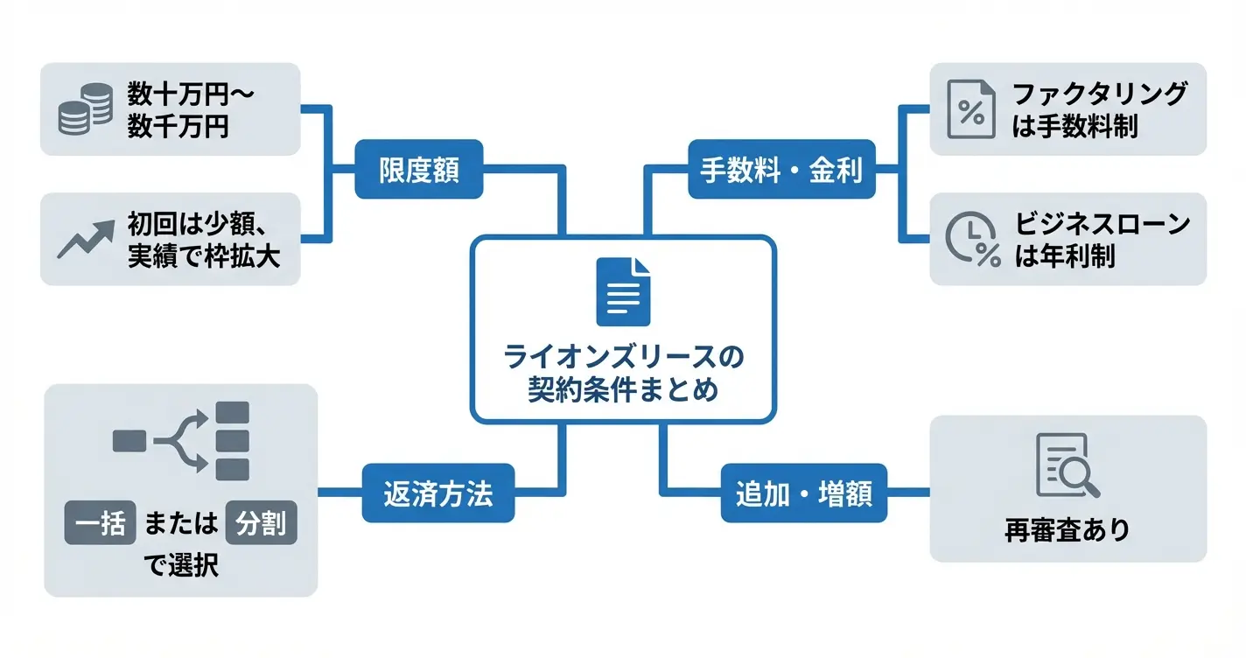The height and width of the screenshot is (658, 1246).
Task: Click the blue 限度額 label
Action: (418, 169)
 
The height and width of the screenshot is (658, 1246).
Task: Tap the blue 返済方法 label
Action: (438, 494)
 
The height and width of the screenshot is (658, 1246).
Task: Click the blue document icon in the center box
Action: (623, 291)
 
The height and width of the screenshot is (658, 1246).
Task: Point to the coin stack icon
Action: (84, 108)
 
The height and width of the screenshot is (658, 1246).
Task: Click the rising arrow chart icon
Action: (85, 238)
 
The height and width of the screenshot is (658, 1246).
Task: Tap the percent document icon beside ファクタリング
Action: (970, 108)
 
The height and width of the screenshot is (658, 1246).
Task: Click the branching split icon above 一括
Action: (182, 440)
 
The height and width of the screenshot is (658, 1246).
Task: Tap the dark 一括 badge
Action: (100, 527)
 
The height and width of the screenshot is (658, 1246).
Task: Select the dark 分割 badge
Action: (261, 527)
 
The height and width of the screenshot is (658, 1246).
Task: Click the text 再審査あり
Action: (1067, 529)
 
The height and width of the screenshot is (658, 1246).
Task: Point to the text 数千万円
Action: (178, 127)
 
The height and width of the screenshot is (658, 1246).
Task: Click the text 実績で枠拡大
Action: (203, 256)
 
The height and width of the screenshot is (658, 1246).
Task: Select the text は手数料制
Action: (1074, 127)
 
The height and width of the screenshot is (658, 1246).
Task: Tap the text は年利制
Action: (1065, 257)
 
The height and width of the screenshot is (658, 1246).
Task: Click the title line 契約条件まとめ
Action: (623, 389)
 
